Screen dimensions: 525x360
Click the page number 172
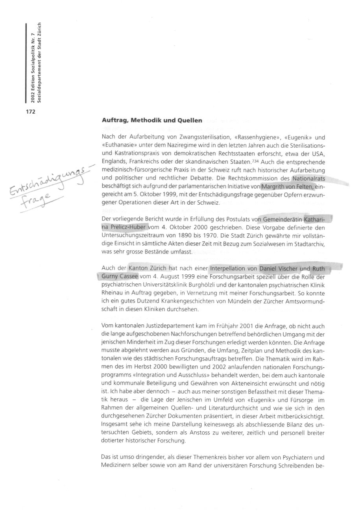point(30,112)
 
